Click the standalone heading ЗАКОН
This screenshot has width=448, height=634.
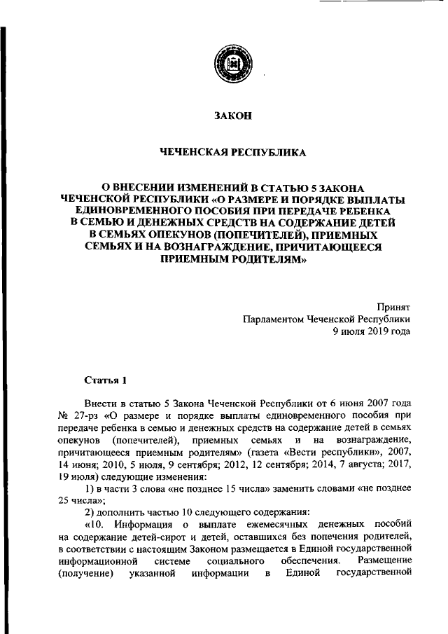coord(231,117)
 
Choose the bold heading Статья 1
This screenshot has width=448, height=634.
coord(104,380)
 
